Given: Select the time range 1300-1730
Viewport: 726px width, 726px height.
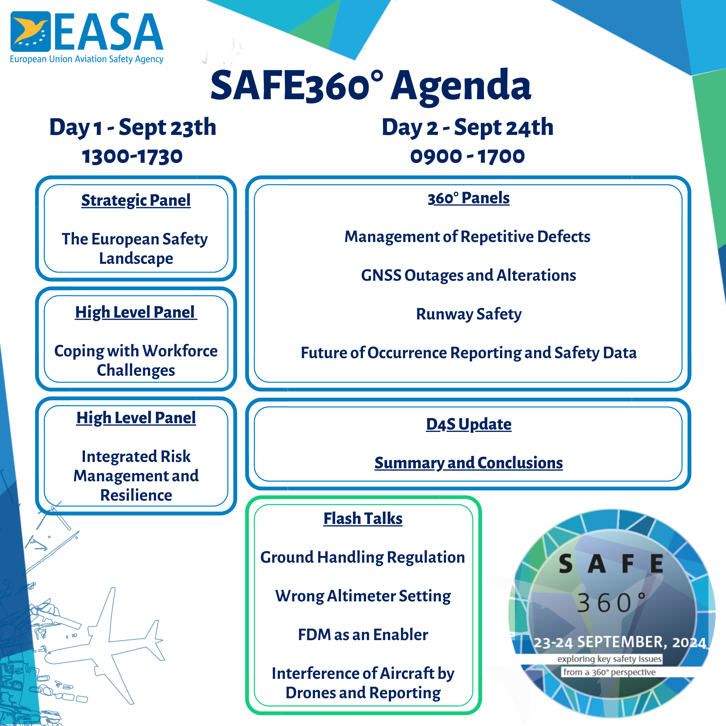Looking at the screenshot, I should click(132, 156).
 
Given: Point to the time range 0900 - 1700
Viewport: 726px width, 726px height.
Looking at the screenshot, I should click(467, 156).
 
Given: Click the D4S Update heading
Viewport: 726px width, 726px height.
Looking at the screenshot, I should click(468, 424).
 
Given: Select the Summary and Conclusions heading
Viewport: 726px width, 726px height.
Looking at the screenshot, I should click(468, 463).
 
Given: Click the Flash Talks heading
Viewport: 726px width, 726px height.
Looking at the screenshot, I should click(363, 518).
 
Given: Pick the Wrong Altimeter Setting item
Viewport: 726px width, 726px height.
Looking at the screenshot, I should click(363, 596).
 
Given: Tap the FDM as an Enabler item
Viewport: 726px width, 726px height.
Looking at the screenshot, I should click(363, 635).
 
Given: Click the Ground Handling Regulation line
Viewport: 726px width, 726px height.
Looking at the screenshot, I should click(363, 557).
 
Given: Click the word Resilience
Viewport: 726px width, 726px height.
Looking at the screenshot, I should click(136, 495).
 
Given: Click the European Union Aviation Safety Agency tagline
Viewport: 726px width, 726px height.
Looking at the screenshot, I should click(87, 59).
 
